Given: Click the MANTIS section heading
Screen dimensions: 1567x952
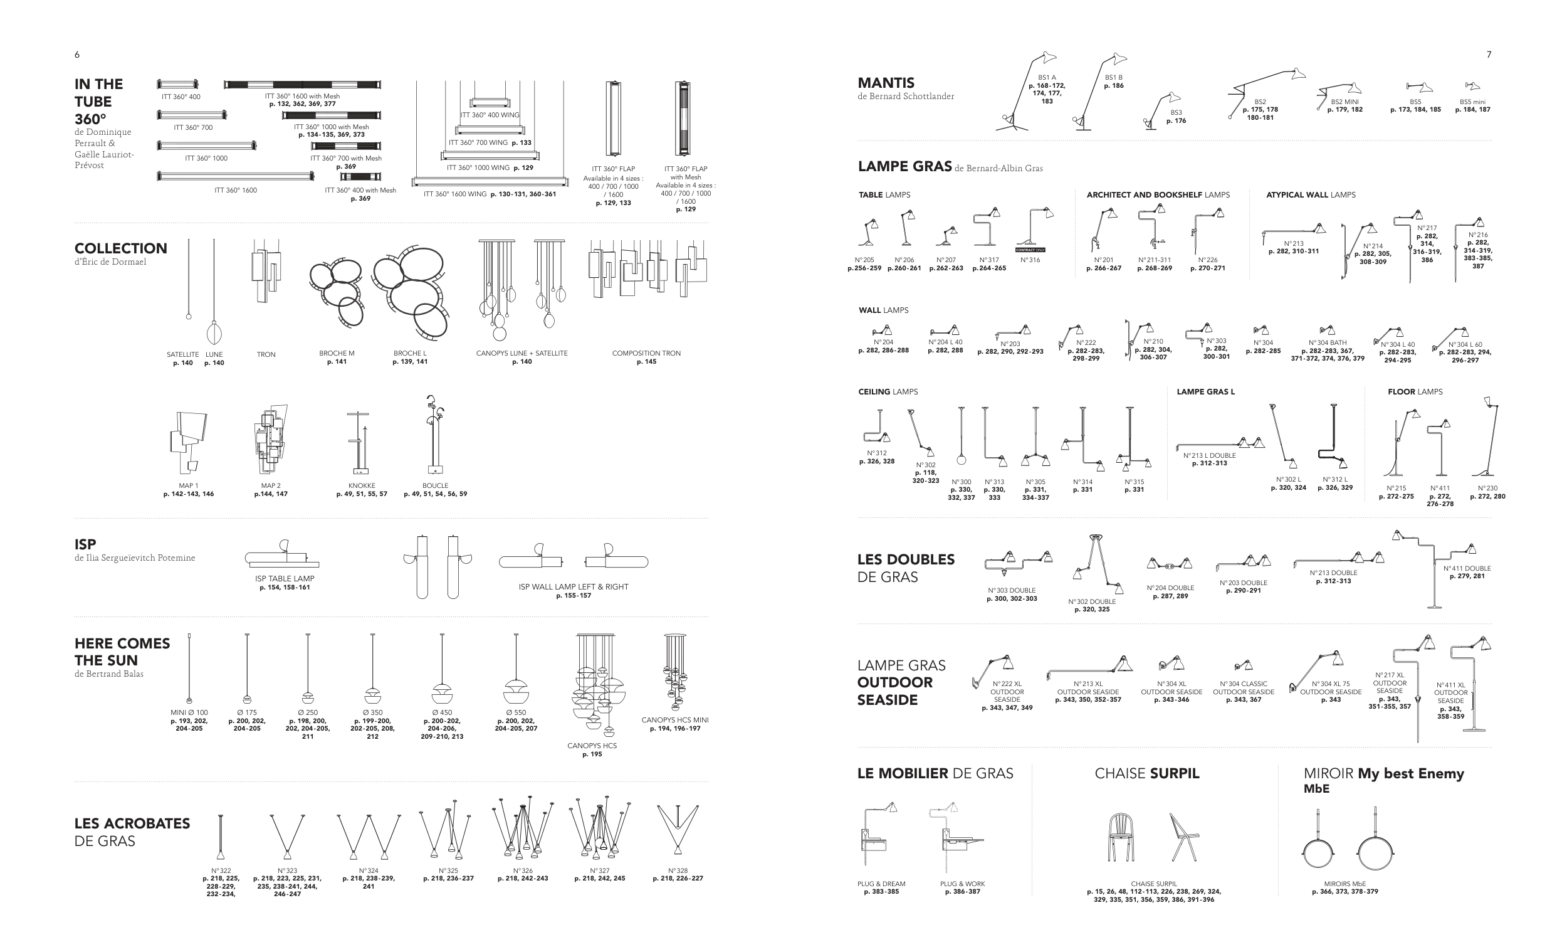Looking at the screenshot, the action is click(x=886, y=83).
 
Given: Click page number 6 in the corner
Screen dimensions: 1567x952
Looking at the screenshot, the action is click(x=77, y=55).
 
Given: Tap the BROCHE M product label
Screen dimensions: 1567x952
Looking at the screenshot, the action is click(x=337, y=353).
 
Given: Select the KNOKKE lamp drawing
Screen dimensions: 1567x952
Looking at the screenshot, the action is click(x=358, y=443).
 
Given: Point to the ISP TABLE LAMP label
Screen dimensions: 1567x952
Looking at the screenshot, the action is click(x=285, y=578).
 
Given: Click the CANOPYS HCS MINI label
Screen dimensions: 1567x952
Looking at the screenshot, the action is click(x=675, y=720).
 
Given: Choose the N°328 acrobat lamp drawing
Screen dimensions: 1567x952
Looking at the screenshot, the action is click(x=678, y=830).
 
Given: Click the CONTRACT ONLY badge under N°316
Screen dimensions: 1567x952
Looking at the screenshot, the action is click(x=1030, y=250).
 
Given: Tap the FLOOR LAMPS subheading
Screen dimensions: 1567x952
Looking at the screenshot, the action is click(x=1415, y=392).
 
